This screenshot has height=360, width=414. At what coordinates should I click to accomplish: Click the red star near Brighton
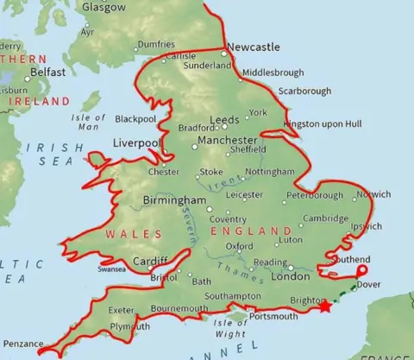325,306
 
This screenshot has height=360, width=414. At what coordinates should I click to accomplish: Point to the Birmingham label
174,200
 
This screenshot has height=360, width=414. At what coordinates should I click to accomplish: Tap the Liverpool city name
136,143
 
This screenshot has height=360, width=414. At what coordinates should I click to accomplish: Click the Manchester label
227,140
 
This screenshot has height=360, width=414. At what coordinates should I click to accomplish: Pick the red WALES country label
122,234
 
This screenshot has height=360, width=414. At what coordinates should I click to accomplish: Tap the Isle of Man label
87,122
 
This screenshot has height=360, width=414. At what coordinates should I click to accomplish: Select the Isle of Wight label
229,328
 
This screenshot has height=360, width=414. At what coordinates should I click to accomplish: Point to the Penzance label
22,344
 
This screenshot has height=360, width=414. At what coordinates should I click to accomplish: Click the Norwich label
373,194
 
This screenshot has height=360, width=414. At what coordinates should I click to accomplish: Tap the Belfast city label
47,73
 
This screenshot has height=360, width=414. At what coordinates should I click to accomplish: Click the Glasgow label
103,7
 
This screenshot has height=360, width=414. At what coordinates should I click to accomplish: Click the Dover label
368,284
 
